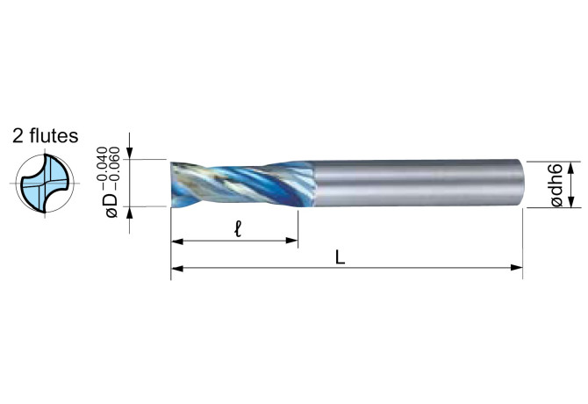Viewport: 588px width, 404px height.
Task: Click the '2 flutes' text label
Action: coord(46,136)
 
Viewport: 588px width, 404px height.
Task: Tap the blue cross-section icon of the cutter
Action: coord(45,184)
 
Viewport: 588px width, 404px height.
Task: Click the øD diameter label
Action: coord(111,206)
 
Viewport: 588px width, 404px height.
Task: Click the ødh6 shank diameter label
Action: coord(556,184)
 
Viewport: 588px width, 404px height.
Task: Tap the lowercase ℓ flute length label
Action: coord(237,229)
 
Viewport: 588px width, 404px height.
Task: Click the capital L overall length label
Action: coord(340,257)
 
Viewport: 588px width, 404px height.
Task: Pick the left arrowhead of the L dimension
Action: coord(177,268)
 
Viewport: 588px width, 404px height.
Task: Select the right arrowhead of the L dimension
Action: coord(516,268)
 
